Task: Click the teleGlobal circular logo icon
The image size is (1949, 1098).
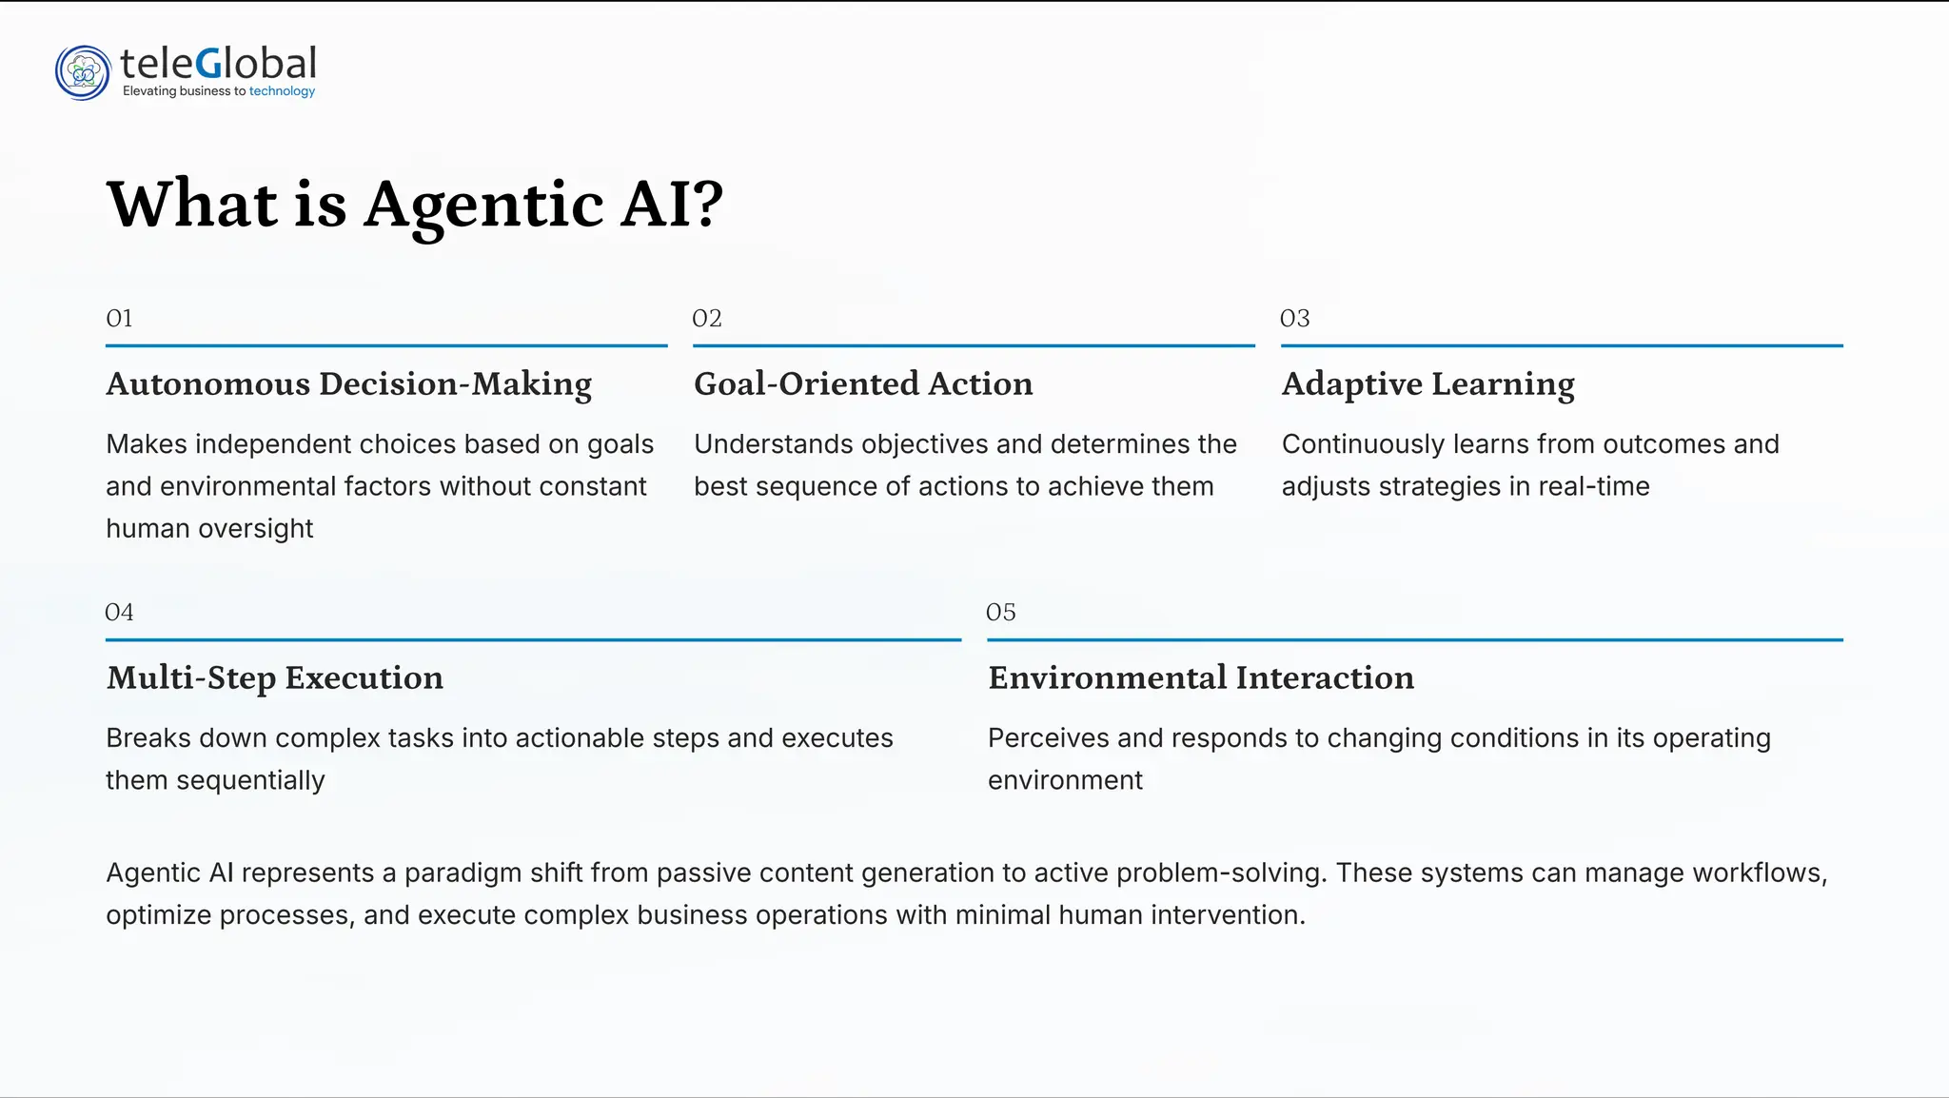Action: click(83, 72)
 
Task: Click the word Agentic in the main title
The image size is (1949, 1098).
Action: click(483, 206)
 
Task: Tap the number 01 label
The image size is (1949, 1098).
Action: click(119, 318)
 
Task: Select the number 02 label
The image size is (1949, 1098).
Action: click(707, 318)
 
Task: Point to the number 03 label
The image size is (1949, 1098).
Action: click(1294, 318)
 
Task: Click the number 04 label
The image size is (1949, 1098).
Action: click(119, 612)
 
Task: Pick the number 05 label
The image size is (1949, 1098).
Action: click(1000, 612)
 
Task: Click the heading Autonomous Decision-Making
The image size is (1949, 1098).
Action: click(348, 383)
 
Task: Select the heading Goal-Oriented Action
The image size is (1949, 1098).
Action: click(863, 383)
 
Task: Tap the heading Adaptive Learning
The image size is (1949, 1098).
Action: click(1427, 383)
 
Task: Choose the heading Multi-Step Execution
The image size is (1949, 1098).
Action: click(274, 677)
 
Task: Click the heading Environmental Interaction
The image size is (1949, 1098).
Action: click(1201, 677)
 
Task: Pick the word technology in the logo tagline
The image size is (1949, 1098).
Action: click(282, 91)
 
